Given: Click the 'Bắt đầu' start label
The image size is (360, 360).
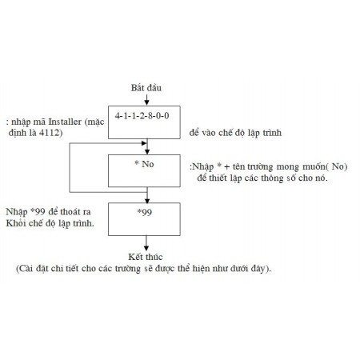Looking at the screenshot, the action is pyautogui.click(x=146, y=87).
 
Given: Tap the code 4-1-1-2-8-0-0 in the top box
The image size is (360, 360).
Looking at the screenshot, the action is pyautogui.click(x=142, y=116).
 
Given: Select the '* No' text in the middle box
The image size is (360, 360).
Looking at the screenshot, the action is pyautogui.click(x=144, y=164).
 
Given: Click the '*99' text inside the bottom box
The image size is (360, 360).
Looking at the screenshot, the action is pyautogui.click(x=145, y=212).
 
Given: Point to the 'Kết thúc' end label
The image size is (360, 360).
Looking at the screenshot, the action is pyautogui.click(x=146, y=257).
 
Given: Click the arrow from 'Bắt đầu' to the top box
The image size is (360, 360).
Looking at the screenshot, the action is pyautogui.click(x=146, y=99).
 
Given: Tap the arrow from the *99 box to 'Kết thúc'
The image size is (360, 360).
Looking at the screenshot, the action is pyautogui.click(x=146, y=243).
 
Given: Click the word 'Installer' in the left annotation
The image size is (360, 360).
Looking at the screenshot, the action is pyautogui.click(x=65, y=122).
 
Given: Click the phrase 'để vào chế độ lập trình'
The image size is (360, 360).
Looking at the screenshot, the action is pyautogui.click(x=235, y=133).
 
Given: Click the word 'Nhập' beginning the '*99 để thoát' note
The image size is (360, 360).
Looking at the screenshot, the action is pyautogui.click(x=17, y=212).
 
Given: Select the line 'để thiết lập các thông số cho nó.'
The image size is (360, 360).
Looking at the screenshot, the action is pyautogui.click(x=262, y=178).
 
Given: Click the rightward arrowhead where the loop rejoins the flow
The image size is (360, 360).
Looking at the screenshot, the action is pyautogui.click(x=144, y=143).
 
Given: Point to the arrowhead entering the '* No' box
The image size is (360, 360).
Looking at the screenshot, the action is pyautogui.click(x=147, y=152).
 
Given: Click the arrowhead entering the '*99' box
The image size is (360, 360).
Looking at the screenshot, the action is pyautogui.click(x=147, y=201).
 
